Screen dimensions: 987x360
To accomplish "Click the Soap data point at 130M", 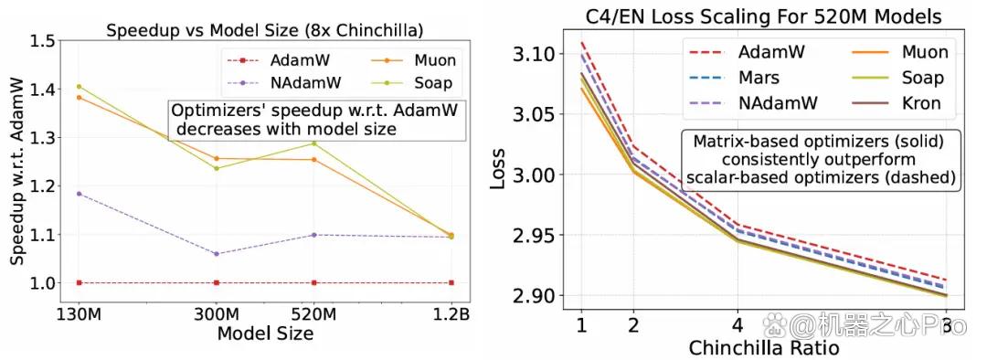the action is point(79,87).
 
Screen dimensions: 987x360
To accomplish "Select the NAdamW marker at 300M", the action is point(217,254).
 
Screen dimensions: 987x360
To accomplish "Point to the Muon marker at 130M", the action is point(79,98).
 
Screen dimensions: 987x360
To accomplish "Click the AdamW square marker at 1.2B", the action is point(450,282).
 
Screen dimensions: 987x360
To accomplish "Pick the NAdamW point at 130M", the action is point(79,194).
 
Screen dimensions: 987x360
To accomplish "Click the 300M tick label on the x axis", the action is point(217,314).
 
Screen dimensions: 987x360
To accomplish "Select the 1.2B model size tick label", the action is point(450,314).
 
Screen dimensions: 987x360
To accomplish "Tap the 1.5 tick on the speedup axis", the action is point(43,41).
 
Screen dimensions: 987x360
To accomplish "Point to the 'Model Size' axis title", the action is point(265,333).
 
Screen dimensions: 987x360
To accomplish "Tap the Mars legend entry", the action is point(734,78).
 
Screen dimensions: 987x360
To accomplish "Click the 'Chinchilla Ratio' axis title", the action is point(763,347).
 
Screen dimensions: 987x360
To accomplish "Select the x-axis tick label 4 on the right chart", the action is point(737,325).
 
